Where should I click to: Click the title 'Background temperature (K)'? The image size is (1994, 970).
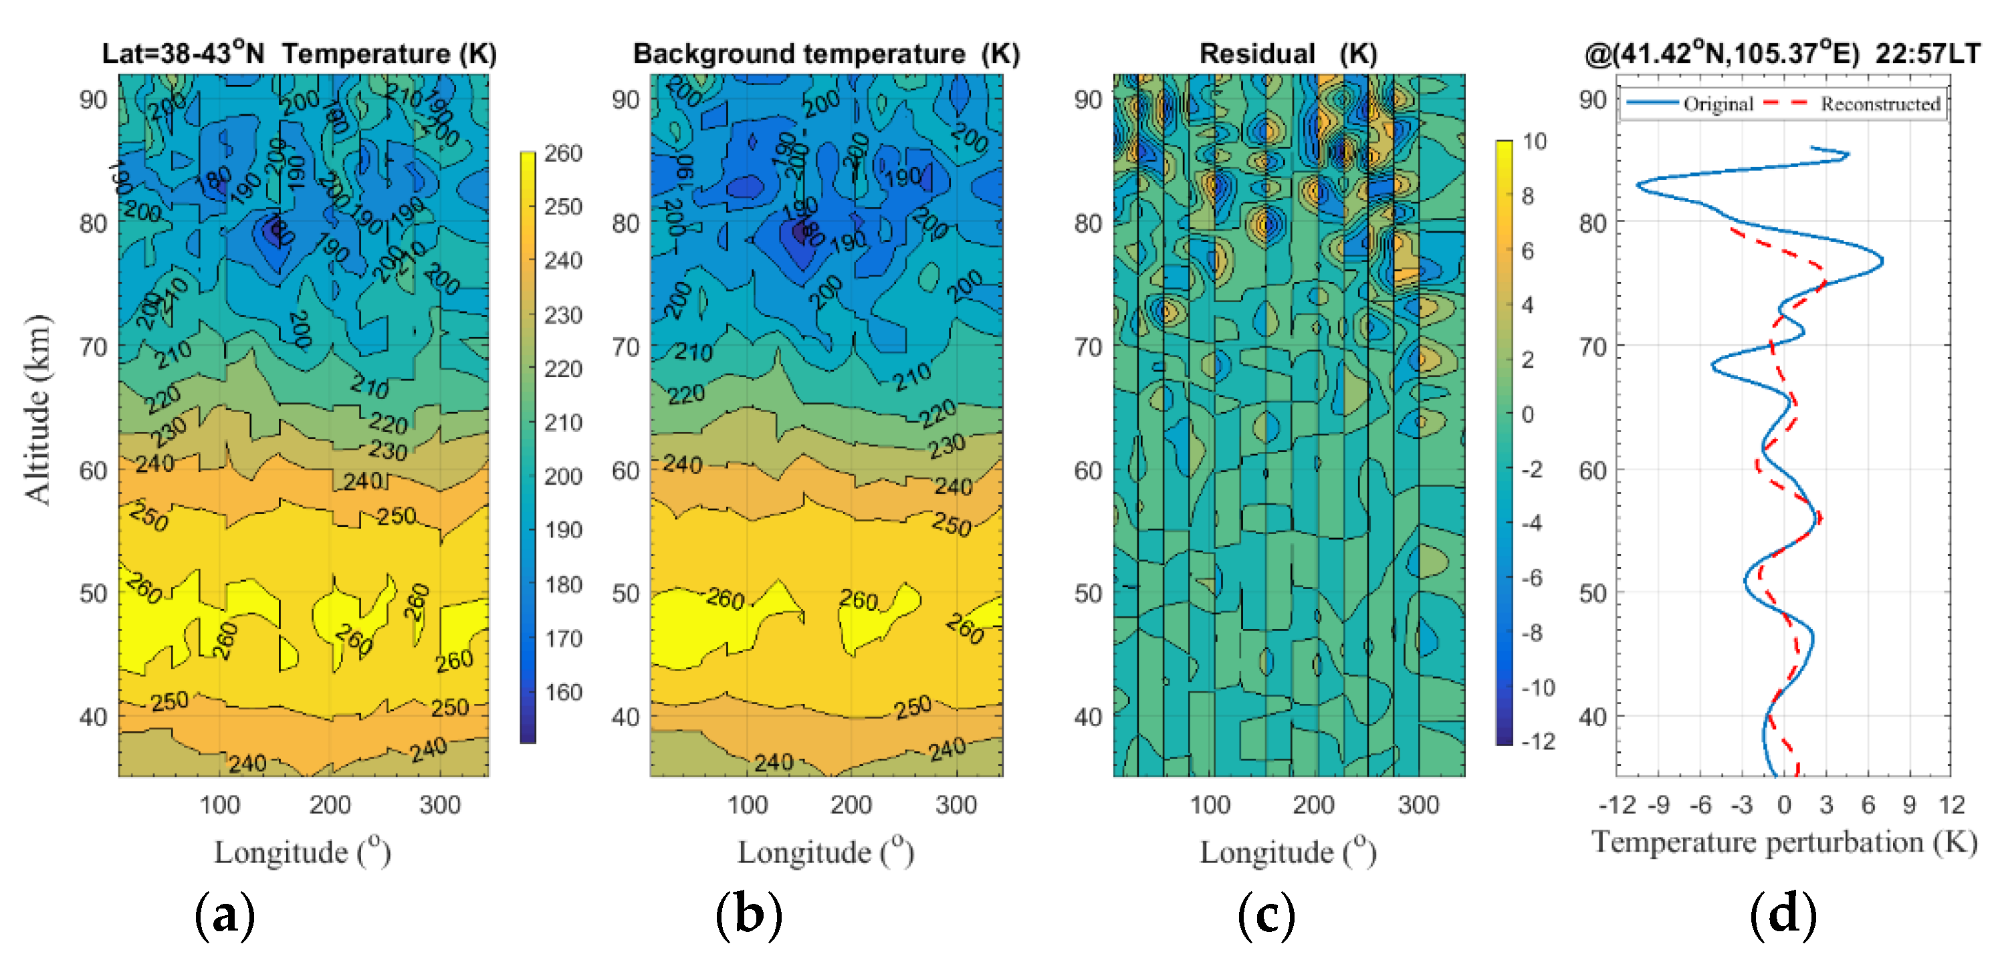tap(826, 53)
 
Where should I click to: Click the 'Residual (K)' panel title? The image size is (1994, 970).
tap(1288, 53)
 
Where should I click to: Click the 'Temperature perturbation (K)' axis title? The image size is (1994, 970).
tap(1783, 842)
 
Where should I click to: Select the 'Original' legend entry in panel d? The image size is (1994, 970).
tap(1718, 104)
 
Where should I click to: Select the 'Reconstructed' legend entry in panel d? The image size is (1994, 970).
tap(1880, 104)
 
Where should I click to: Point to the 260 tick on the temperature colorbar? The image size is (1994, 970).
tap(563, 153)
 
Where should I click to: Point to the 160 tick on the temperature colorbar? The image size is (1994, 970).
tap(563, 691)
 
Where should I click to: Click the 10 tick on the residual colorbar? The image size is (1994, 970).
tap(1533, 142)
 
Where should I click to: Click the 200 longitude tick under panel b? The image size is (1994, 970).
tap(851, 805)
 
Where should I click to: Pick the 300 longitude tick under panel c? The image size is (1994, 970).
tap(1418, 805)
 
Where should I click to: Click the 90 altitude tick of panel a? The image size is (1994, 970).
tap(93, 100)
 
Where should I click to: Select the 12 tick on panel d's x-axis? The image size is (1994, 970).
tap(1951, 805)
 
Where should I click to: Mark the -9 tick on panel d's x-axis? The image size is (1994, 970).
tap(1658, 805)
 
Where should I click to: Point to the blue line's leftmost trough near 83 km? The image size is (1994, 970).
tap(1637, 185)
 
